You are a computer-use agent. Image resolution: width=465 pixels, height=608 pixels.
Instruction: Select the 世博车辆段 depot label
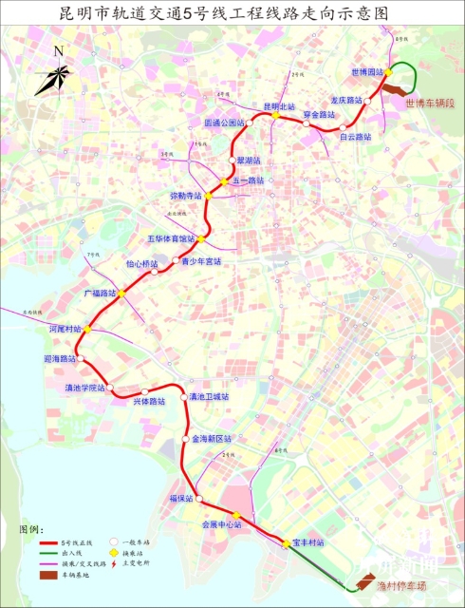pos(427,102)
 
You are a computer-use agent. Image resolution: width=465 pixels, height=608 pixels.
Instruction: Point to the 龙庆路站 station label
pos(346,100)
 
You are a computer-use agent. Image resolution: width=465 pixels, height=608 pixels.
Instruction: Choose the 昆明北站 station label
pos(279,105)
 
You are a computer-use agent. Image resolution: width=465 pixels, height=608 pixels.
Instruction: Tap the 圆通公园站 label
pos(225,123)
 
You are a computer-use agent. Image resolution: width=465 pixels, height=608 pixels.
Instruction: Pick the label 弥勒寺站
pos(187,195)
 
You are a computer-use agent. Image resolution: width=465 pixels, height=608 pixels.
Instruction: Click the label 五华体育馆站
pos(171,238)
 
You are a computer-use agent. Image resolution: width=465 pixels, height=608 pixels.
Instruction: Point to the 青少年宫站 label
pos(201,261)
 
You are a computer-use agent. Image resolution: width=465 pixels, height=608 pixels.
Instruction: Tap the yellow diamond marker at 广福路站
pos(122,294)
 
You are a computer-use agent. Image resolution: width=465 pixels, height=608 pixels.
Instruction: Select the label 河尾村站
pos(65,328)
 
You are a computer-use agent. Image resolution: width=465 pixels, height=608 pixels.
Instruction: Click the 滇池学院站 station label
pos(84,389)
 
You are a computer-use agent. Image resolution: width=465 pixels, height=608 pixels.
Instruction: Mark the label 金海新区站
pos(212,439)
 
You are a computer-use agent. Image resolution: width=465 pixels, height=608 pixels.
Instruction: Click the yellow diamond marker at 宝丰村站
pos(286,543)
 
